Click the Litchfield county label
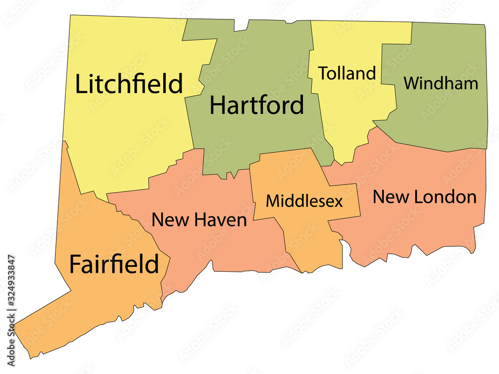[x=129, y=84]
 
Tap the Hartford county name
[x=256, y=105]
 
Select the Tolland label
[x=347, y=73]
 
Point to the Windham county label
[x=441, y=83]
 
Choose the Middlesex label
[x=304, y=201]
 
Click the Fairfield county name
[x=114, y=264]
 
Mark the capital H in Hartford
[x=218, y=105]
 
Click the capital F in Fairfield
[x=75, y=264]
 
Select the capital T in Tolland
[x=324, y=73]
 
